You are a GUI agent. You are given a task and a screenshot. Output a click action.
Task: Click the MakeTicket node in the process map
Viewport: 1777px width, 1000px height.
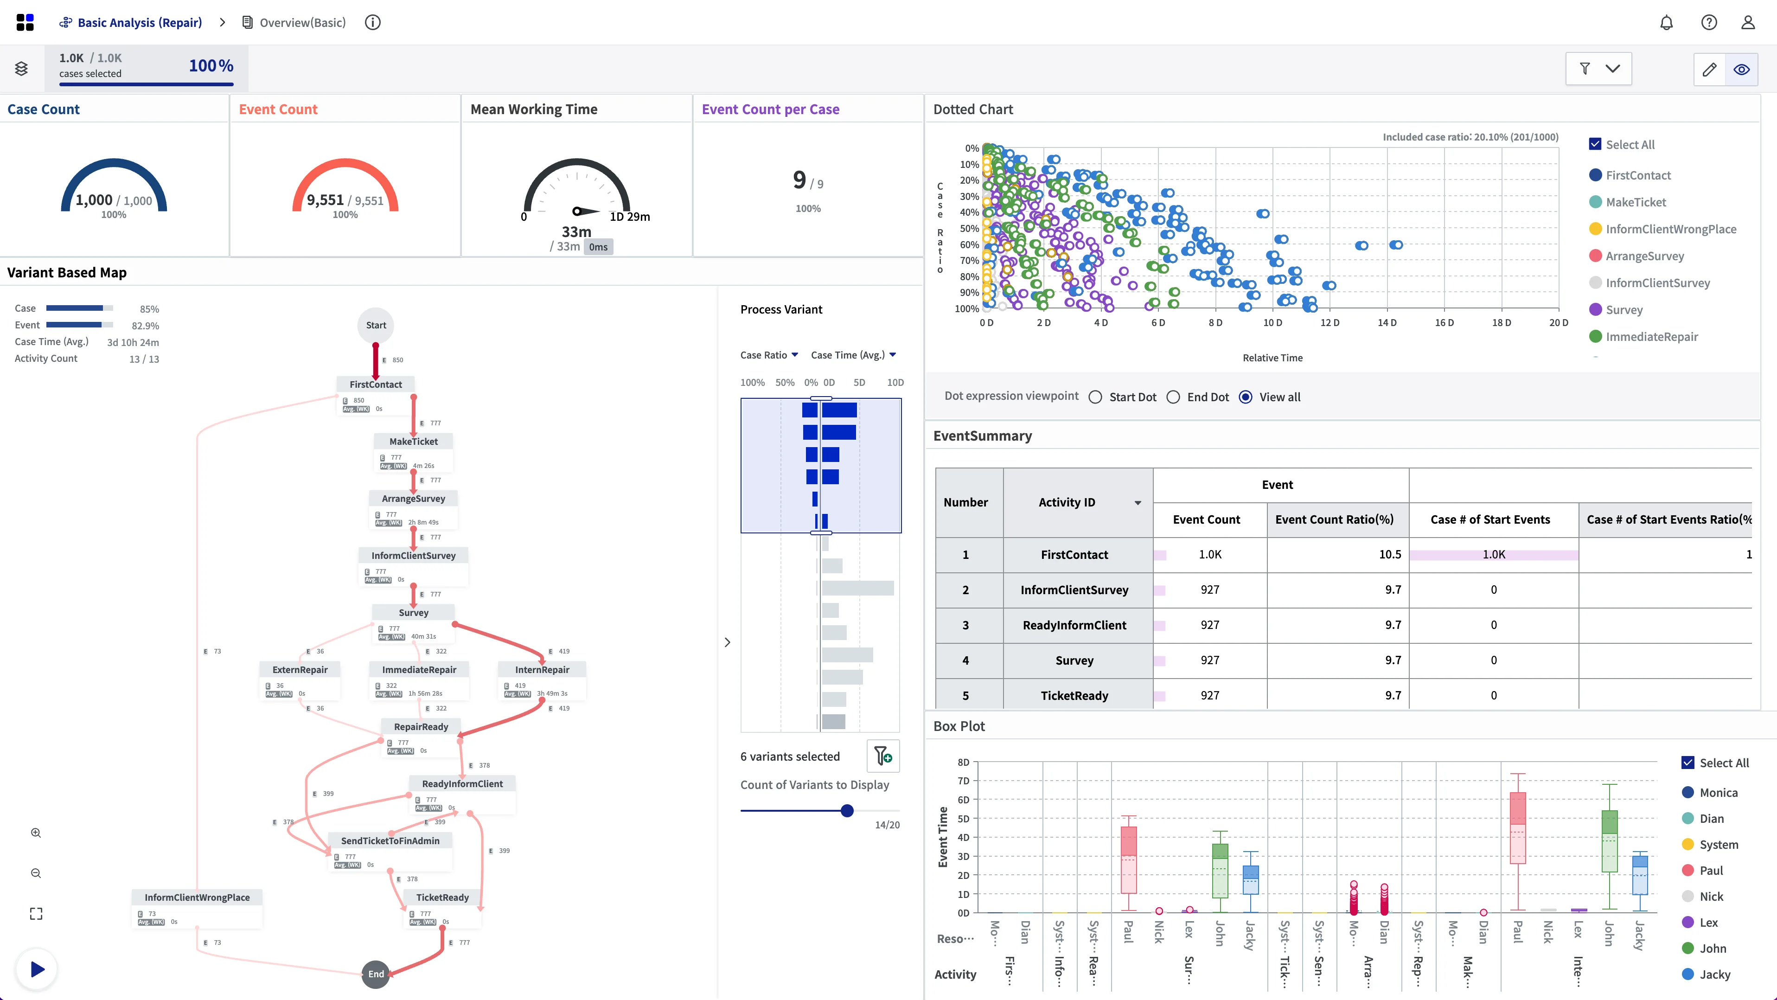413,442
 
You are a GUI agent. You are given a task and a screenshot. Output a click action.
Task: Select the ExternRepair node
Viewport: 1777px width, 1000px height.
300,669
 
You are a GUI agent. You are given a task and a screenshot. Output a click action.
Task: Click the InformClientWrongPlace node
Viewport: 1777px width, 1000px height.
197,897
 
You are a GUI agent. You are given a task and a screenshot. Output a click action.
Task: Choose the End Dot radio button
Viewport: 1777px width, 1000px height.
1173,397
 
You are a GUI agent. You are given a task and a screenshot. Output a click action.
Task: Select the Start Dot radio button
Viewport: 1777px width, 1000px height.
1095,397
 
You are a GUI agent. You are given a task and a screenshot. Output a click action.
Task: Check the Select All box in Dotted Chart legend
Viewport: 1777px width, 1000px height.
1595,144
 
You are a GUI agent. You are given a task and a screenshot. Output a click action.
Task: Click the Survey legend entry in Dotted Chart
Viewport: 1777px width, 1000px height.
1624,310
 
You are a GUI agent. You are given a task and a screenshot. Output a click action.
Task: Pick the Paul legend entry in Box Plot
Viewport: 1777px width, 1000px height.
1711,870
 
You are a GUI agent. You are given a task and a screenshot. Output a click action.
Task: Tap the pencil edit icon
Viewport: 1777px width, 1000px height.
1709,69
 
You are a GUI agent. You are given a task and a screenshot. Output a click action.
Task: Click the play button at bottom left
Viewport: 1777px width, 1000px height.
37,969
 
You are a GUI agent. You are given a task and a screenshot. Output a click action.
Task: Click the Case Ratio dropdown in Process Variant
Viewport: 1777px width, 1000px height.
769,355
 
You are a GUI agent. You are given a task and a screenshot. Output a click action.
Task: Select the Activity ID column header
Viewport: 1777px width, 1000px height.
1067,502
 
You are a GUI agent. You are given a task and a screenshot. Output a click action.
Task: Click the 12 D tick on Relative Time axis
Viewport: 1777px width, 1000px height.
1330,322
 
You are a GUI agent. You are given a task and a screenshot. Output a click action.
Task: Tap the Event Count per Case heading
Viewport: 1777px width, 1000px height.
770,109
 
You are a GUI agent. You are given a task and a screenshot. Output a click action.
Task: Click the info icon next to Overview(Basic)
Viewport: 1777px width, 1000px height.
372,23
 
